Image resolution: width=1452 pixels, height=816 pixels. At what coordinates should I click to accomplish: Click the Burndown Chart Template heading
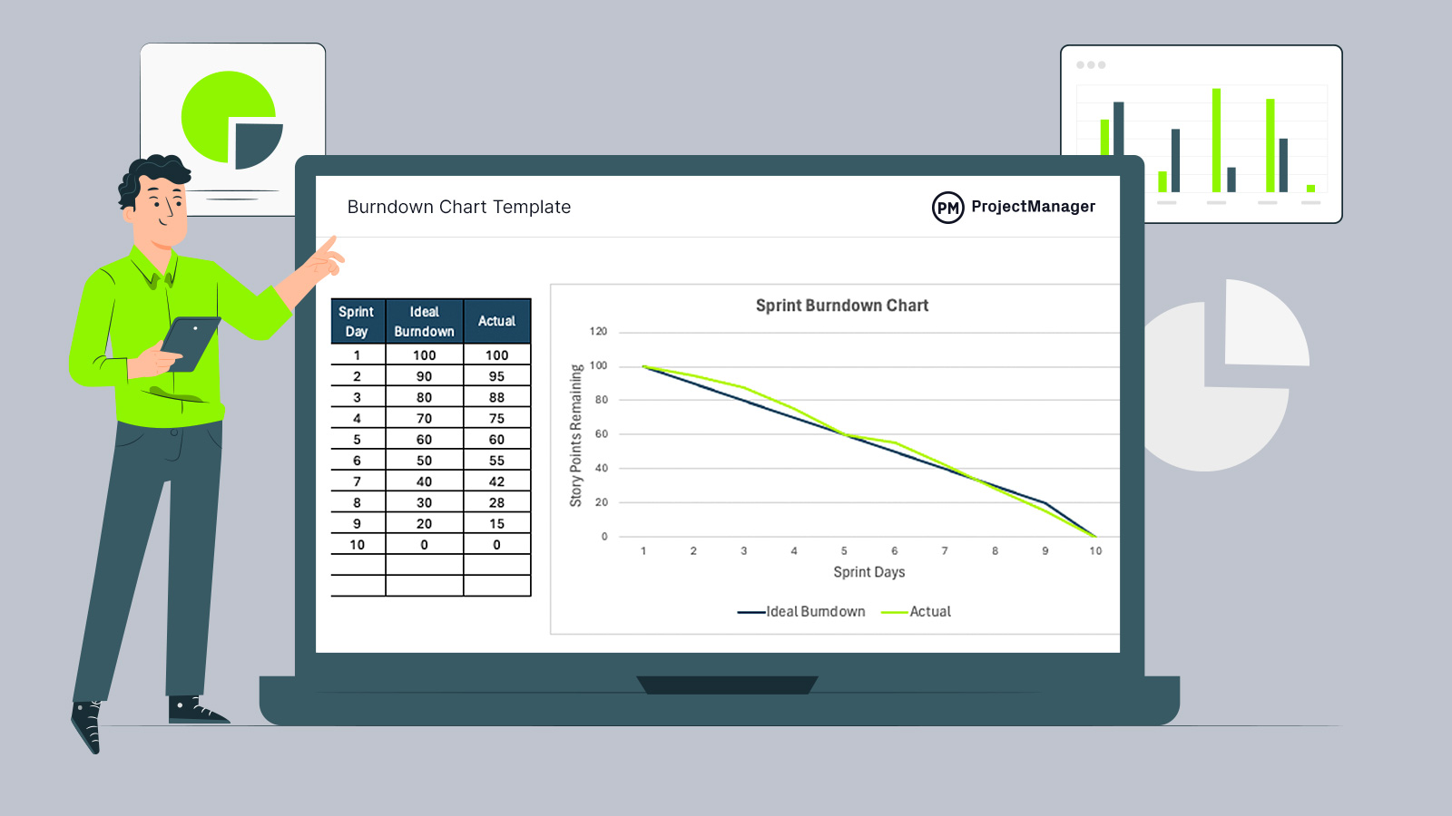pos(459,207)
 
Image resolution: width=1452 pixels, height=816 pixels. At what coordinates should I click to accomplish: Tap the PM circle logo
pos(947,208)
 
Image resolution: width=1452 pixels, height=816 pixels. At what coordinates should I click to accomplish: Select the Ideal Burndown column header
pos(424,322)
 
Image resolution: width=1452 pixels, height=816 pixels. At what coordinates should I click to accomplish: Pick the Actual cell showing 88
pos(496,397)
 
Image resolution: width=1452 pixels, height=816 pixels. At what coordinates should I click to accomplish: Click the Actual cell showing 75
pos(496,418)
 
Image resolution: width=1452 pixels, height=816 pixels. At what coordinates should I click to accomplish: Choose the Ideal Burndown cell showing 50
pos(424,461)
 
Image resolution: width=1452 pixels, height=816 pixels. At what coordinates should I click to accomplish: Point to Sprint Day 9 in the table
pos(357,524)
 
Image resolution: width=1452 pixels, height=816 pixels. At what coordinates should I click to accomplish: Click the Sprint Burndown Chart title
pos(842,306)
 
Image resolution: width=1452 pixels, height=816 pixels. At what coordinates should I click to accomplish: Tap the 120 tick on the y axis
pos(598,332)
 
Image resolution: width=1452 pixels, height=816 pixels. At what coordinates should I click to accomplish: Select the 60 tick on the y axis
pos(601,434)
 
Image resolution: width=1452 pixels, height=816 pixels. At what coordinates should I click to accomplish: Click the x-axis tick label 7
pos(945,551)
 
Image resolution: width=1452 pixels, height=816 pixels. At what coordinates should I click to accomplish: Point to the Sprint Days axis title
pos(868,572)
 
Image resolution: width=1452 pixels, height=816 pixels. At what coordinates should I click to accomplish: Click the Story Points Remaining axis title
pos(575,435)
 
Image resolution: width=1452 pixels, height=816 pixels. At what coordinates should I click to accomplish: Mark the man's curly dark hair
pos(154,172)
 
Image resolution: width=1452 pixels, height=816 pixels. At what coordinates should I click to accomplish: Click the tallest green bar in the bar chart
pos(1216,140)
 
